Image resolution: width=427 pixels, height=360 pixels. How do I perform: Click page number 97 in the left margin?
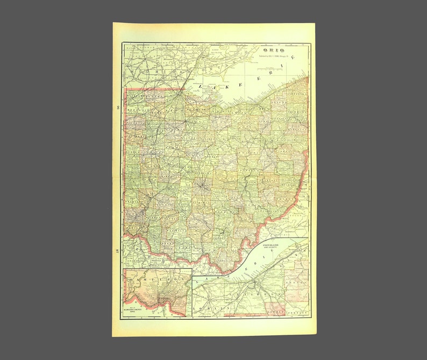pyautogui.click(x=117, y=250)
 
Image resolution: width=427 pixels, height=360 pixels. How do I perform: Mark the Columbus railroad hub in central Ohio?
pyautogui.click(x=202, y=186)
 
